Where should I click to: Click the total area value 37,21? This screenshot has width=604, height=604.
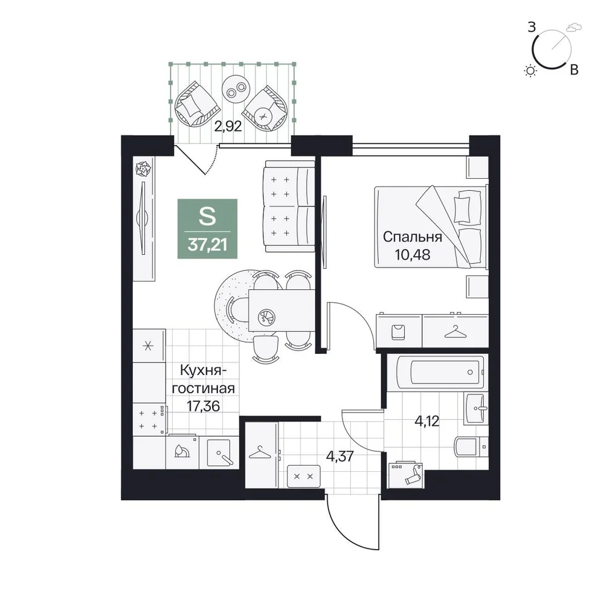click(207, 245)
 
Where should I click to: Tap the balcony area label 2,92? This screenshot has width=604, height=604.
click(228, 126)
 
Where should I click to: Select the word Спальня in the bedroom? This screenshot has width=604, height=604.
click(413, 237)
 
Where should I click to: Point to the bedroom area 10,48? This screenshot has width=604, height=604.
click(412, 255)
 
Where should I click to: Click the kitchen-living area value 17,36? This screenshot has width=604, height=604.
click(203, 405)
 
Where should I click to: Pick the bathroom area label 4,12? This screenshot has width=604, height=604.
click(427, 422)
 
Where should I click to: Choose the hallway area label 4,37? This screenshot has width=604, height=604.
click(339, 457)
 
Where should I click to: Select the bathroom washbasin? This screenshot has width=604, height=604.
click(476, 409)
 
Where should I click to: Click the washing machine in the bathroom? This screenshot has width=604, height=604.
click(406, 475)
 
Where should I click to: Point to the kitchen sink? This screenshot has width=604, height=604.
click(219, 453)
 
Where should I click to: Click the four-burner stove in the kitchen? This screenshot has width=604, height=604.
click(149, 420)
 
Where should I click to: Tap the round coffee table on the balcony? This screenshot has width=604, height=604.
click(236, 89)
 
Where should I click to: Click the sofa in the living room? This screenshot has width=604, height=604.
click(289, 207)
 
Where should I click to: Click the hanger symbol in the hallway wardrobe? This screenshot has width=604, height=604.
click(260, 452)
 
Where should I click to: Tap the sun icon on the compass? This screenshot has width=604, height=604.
click(531, 71)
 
